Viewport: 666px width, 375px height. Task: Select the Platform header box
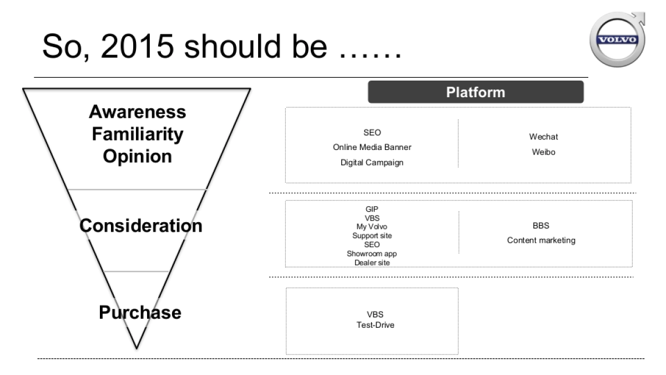coord(476,92)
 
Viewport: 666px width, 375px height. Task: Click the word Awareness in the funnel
coord(137,112)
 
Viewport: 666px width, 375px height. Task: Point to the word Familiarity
coord(137,134)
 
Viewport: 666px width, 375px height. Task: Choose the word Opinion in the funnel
coord(137,156)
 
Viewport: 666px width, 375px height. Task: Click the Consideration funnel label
coord(140,226)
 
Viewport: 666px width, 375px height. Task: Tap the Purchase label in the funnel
coord(140,312)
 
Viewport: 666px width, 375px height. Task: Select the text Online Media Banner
coord(372,148)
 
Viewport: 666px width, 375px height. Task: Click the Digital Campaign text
coord(372,163)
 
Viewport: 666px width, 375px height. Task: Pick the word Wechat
coord(543,137)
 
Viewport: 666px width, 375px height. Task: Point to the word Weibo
coord(543,152)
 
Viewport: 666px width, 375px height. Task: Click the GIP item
coord(372,209)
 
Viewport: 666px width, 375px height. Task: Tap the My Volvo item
coord(372,227)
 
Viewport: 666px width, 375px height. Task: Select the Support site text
coord(372,236)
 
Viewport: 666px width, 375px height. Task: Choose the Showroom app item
coord(372,253)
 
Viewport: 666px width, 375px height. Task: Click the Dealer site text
coord(372,262)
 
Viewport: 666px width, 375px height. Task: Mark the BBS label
coord(541,226)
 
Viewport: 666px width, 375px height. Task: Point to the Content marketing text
coord(541,241)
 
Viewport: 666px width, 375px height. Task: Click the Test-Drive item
coord(375,325)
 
